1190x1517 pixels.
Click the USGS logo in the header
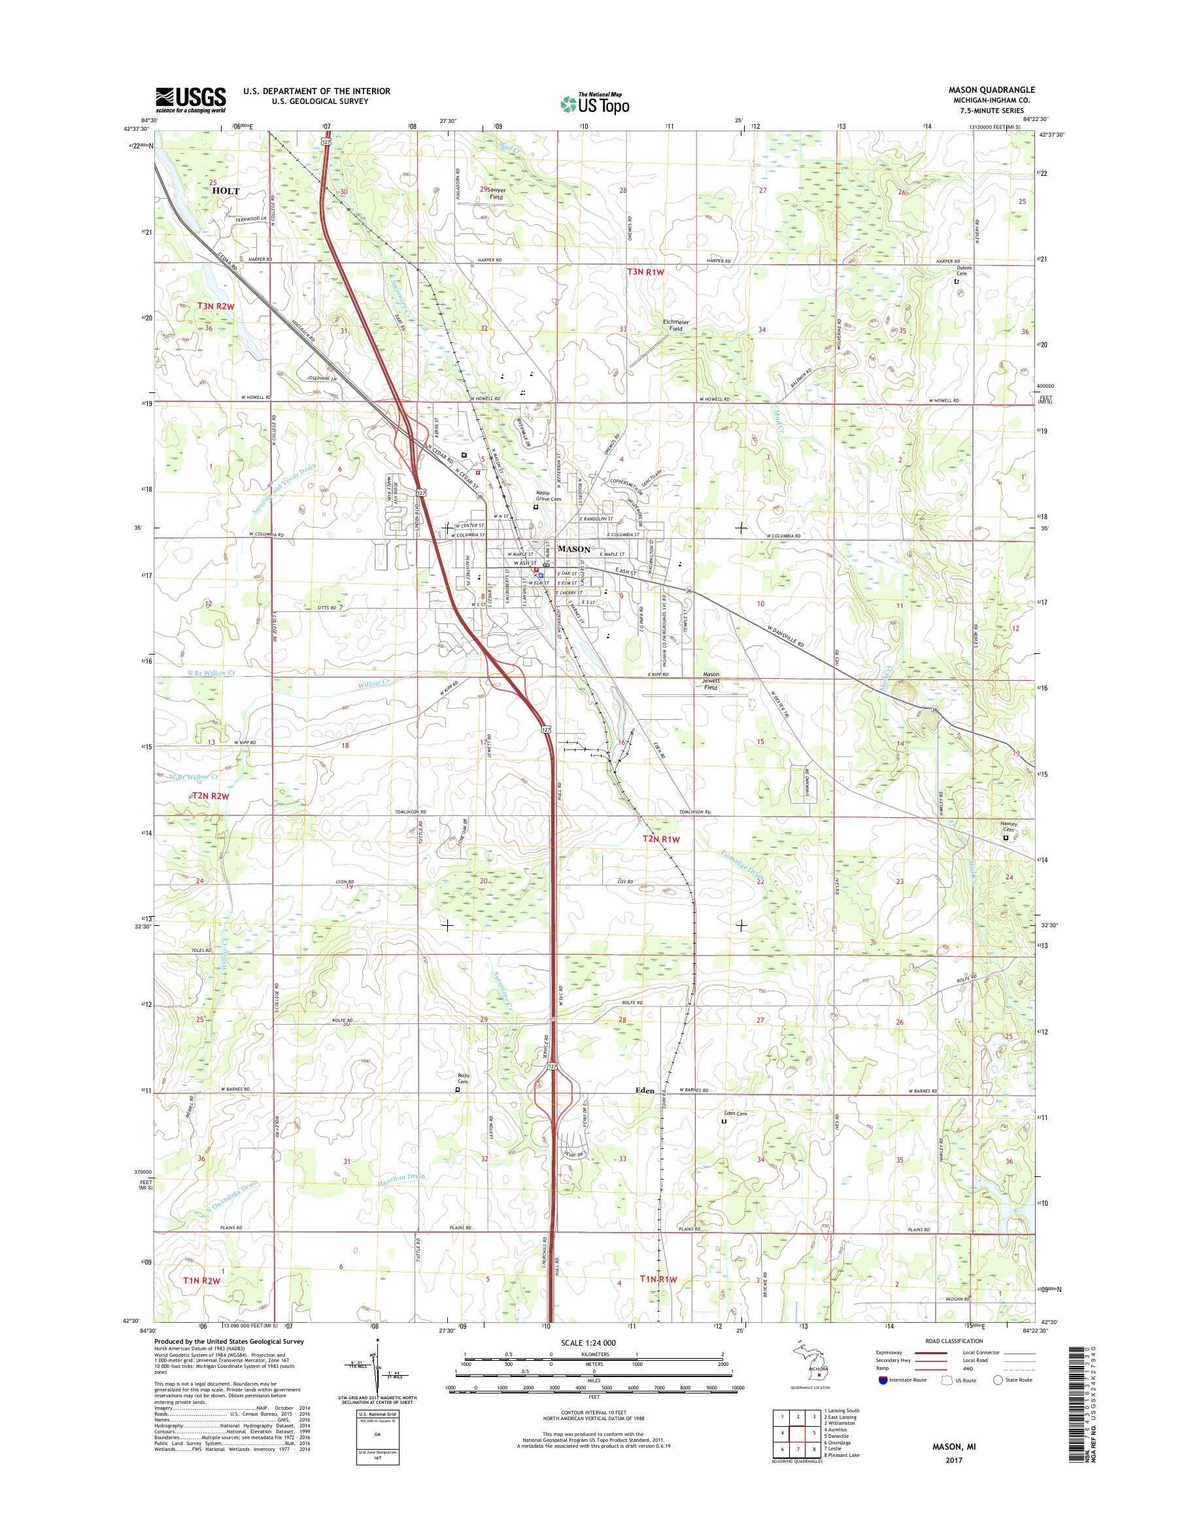point(190,99)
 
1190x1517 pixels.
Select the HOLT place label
point(226,191)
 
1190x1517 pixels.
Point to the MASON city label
point(574,549)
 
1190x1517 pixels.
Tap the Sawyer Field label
point(496,193)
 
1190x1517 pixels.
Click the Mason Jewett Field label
point(710,681)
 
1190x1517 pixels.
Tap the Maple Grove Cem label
point(548,496)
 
